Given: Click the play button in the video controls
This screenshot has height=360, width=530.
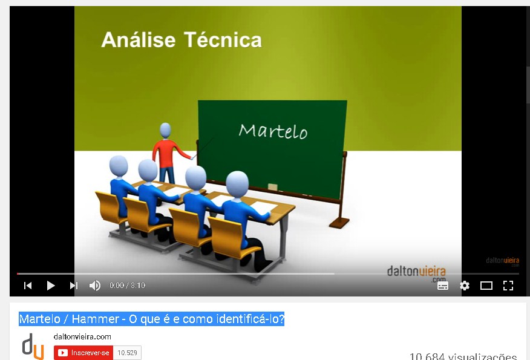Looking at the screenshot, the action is [x=51, y=286].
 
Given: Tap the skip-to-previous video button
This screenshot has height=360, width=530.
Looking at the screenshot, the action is [x=28, y=286].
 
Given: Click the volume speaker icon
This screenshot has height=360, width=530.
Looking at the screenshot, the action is [x=94, y=286].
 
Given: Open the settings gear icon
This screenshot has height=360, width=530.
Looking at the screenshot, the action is [x=465, y=286].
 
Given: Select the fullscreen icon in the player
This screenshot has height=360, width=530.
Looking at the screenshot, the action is [x=508, y=286].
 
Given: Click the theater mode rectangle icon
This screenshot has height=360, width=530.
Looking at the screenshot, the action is [x=486, y=286].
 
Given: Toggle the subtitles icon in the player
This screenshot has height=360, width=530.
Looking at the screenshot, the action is [x=443, y=286].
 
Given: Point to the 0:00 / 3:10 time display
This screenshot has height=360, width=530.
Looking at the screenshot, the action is [x=127, y=286].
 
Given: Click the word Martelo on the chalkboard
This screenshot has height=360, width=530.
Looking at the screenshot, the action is [x=273, y=131].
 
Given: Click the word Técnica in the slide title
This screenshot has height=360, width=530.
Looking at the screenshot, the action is [x=223, y=39].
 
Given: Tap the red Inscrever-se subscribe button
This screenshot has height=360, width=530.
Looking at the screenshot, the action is [x=83, y=353].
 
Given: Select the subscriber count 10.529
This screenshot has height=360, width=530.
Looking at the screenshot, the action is [x=127, y=353].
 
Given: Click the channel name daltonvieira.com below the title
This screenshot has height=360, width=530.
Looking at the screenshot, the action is [x=82, y=336].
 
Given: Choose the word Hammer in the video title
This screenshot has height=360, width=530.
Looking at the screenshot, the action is [x=96, y=319].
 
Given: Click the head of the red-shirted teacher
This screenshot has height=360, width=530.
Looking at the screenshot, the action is [x=165, y=131].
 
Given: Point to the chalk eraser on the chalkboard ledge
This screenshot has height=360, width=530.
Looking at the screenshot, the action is [x=273, y=187].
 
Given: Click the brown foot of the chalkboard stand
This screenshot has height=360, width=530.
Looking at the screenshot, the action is [x=339, y=223].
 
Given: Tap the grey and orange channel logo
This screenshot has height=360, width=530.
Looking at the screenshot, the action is [x=33, y=346].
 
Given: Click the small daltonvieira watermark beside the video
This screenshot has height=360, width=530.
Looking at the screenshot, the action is [x=503, y=261].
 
